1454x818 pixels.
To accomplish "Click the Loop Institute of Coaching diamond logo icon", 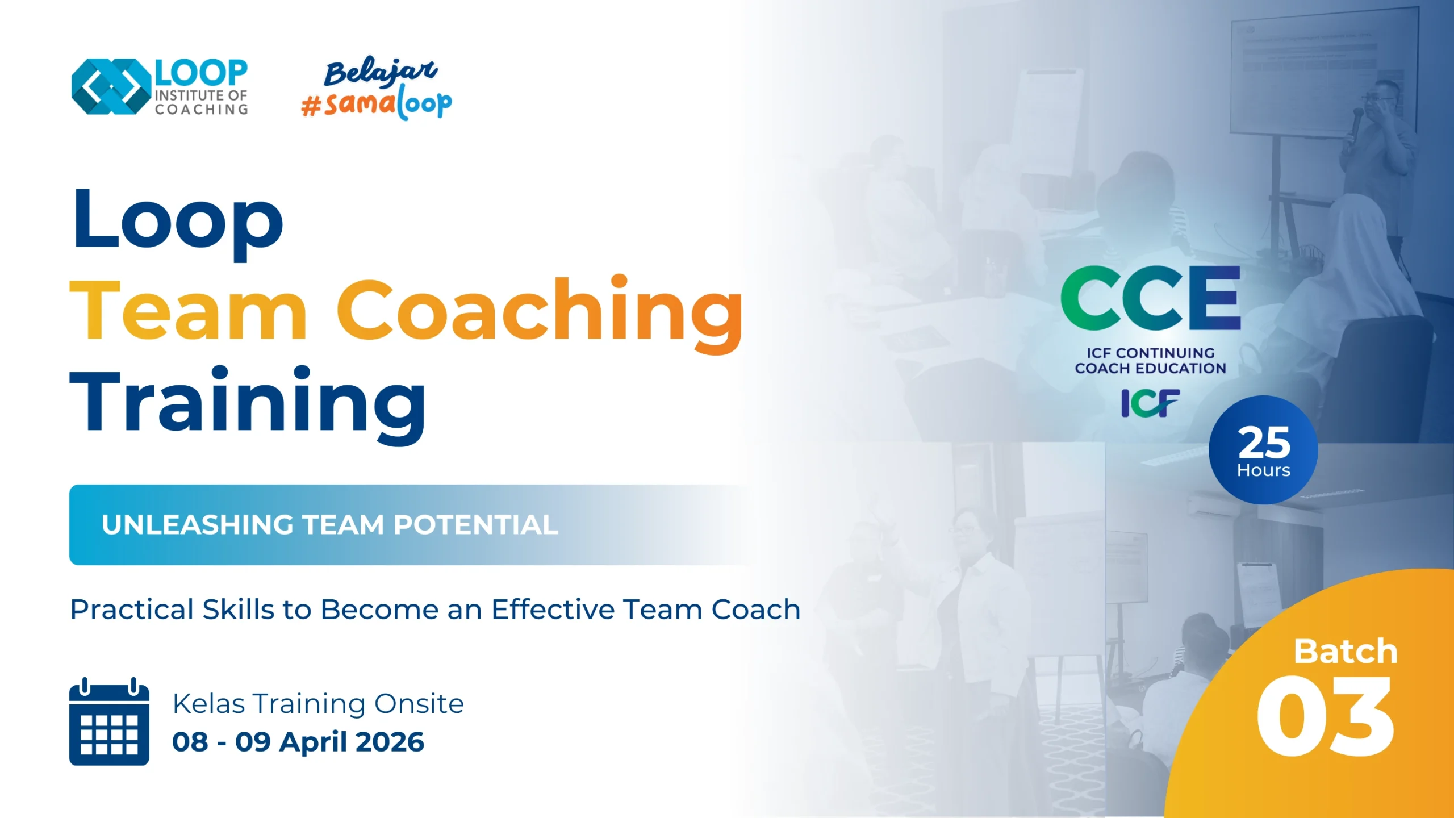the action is tap(111, 86).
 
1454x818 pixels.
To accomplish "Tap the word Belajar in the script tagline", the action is tap(381, 72).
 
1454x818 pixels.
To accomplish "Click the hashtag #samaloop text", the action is tap(377, 103).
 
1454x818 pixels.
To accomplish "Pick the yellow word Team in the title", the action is tap(188, 311).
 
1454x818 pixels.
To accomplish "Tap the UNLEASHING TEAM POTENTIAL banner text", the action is tap(330, 525).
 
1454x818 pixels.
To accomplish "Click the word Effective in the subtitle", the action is tap(553, 609).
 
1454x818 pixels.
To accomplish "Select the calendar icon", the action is tap(109, 721).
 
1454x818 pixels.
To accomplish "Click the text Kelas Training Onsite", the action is tap(318, 704).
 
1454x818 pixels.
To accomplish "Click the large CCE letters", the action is tap(1151, 298).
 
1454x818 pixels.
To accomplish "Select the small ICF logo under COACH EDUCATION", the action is tap(1150, 403).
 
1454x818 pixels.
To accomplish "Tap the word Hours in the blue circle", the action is tap(1264, 470).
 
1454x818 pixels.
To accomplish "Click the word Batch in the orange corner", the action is tap(1346, 651).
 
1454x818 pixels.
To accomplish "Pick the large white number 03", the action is tap(1325, 716).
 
